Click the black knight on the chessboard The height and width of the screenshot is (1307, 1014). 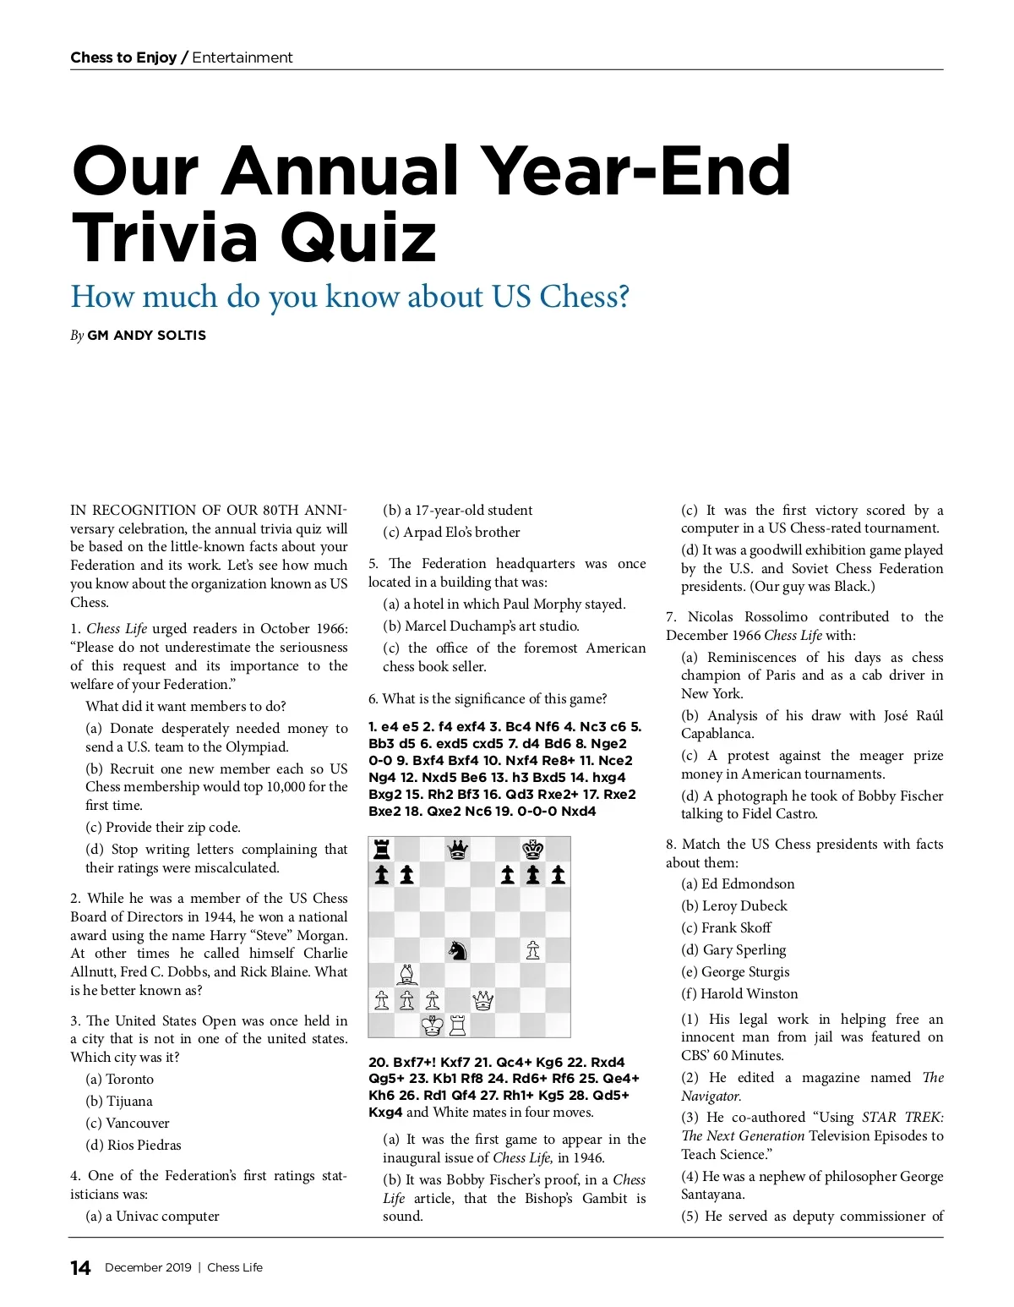pyautogui.click(x=457, y=950)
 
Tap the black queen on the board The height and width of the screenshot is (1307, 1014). pyautogui.click(x=457, y=849)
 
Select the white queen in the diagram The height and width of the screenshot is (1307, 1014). pyautogui.click(x=482, y=1001)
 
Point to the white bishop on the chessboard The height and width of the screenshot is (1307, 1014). pyautogui.click(x=407, y=975)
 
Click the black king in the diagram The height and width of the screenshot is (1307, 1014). pyautogui.click(x=532, y=849)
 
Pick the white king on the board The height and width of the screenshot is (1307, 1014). pyautogui.click(x=432, y=1025)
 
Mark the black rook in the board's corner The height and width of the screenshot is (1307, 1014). pyautogui.click(x=382, y=849)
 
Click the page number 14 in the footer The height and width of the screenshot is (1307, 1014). pyautogui.click(x=80, y=1267)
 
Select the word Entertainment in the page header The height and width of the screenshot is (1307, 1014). pyautogui.click(x=243, y=57)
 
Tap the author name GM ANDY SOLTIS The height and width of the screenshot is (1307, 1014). pyautogui.click(x=146, y=335)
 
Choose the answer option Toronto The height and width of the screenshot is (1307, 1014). pyautogui.click(x=130, y=1079)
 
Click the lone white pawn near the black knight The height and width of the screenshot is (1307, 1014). pyautogui.click(x=532, y=950)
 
